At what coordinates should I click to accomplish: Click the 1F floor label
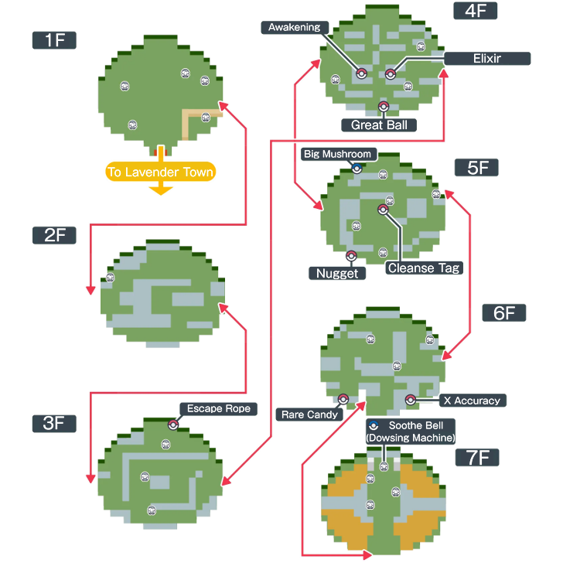(54, 40)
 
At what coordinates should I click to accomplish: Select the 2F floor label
(54, 235)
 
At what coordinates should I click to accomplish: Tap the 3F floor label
(54, 423)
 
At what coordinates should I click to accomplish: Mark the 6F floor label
(503, 312)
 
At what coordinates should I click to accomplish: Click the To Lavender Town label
(161, 172)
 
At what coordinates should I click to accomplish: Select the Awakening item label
(294, 28)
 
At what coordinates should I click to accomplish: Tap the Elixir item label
(487, 59)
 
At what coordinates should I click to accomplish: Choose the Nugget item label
(337, 273)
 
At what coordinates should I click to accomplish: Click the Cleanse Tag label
(424, 268)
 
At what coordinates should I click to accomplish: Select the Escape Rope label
(219, 408)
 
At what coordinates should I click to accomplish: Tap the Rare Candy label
(309, 415)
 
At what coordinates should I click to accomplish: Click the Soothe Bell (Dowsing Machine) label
(410, 432)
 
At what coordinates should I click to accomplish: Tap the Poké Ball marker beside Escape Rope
(173, 424)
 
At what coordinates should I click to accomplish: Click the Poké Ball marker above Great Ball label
(383, 106)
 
